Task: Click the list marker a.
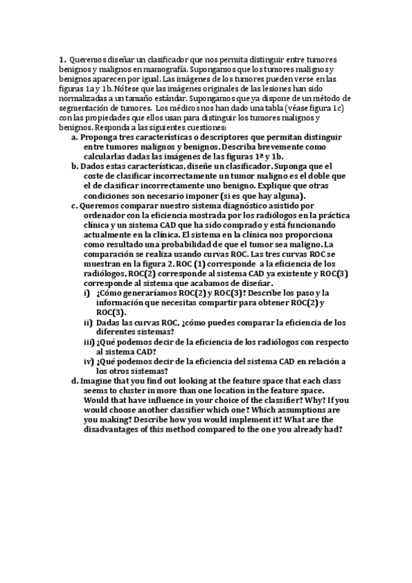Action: pos(74,137)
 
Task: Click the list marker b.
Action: pos(74,166)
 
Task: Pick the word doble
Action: pos(326,176)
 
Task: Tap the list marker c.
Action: pos(74,205)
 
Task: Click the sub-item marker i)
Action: pos(87,292)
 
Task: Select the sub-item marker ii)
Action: pos(88,322)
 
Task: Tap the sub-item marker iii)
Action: pos(89,341)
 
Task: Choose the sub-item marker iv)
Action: pos(89,361)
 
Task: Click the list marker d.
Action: pos(74,380)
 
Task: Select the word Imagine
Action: pos(98,380)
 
